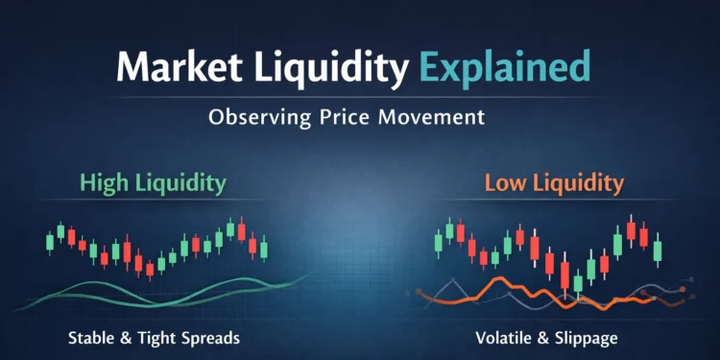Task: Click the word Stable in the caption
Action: click(93, 338)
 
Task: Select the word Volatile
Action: click(502, 338)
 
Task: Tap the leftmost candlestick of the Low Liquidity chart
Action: click(439, 242)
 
